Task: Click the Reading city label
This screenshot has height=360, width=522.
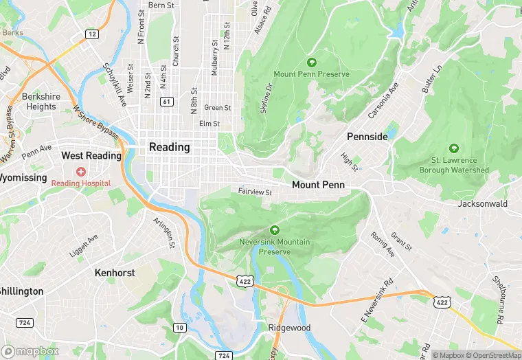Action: pyautogui.click(x=169, y=147)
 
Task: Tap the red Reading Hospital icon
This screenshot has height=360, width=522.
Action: pyautogui.click(x=81, y=170)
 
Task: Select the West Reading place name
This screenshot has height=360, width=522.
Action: pyautogui.click(x=91, y=156)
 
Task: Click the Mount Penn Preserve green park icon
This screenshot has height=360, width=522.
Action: pyautogui.click(x=312, y=63)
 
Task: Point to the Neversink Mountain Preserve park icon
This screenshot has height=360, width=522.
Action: pyautogui.click(x=275, y=230)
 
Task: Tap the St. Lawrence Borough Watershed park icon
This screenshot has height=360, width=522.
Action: pyautogui.click(x=454, y=148)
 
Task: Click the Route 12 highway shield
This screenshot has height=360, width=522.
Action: pyautogui.click(x=91, y=34)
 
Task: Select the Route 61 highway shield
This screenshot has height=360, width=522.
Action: pyautogui.click(x=167, y=102)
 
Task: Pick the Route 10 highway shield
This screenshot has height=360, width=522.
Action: pyautogui.click(x=179, y=327)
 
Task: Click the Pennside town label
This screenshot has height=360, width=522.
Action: pyautogui.click(x=367, y=137)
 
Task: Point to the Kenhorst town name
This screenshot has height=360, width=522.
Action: pyautogui.click(x=114, y=273)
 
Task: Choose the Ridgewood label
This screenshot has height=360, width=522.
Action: pyautogui.click(x=289, y=328)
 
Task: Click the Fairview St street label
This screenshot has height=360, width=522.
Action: pyautogui.click(x=256, y=192)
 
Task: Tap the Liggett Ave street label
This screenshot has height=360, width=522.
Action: pyautogui.click(x=84, y=246)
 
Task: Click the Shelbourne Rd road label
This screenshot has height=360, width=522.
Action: pyautogui.click(x=499, y=301)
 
